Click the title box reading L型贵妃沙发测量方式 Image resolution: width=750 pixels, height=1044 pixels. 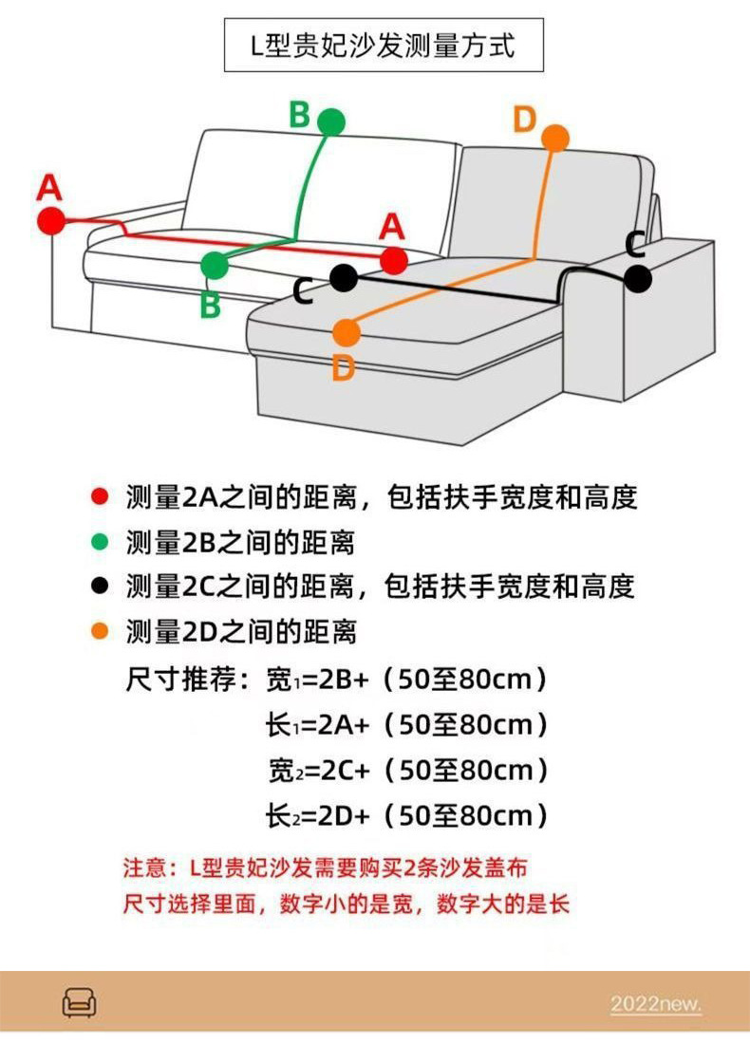[x=384, y=45]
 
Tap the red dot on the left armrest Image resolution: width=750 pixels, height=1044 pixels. [x=50, y=221]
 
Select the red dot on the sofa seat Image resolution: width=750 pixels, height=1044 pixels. [x=393, y=259]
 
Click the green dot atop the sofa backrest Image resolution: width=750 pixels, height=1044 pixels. [x=331, y=121]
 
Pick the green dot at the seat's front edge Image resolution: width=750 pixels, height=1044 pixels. [x=215, y=266]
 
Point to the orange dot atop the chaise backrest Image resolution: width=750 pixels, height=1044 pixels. [x=555, y=138]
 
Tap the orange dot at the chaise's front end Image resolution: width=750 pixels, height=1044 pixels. [x=347, y=333]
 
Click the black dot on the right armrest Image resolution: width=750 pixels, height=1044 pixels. [x=638, y=279]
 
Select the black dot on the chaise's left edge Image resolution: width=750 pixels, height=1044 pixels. [x=344, y=278]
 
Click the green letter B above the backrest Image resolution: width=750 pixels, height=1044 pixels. [x=299, y=115]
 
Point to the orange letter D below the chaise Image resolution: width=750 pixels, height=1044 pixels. [x=343, y=368]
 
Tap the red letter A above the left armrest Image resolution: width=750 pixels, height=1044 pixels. [x=48, y=188]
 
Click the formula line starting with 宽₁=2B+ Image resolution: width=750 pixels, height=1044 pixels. [x=408, y=680]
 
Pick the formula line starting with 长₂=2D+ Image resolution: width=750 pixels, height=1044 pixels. [x=408, y=814]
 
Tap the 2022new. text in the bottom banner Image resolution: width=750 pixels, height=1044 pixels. [x=655, y=1003]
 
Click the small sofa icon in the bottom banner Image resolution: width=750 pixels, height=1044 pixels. [x=79, y=1002]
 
